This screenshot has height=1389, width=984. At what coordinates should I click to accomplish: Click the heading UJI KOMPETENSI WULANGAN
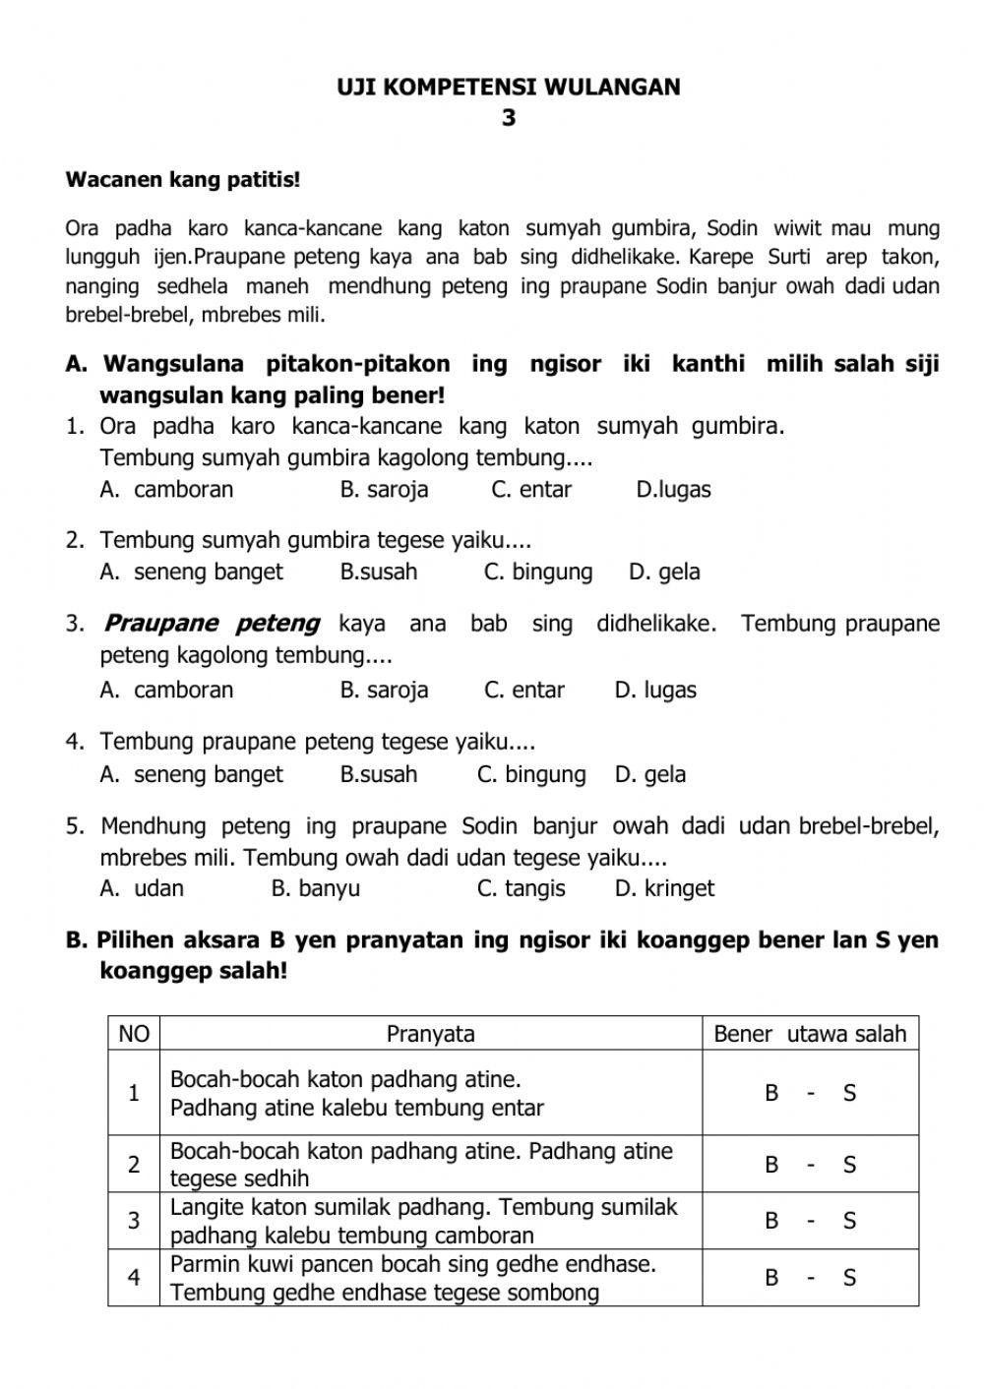[x=508, y=87]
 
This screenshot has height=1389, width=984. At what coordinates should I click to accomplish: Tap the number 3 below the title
[x=508, y=118]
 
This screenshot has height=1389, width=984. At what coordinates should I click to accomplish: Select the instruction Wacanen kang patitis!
[x=183, y=180]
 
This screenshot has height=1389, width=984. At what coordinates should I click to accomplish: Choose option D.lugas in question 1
[x=673, y=490]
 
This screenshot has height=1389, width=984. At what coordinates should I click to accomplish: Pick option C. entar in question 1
[x=531, y=490]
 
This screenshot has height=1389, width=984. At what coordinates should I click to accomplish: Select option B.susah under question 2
[x=379, y=573]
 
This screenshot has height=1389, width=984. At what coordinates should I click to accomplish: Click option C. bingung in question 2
[x=538, y=573]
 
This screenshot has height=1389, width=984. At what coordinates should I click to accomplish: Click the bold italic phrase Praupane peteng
[x=212, y=624]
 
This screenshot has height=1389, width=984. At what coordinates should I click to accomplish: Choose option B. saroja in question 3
[x=384, y=691]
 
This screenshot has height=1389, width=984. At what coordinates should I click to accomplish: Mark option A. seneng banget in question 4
[x=191, y=775]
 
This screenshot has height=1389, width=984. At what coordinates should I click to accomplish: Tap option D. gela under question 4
[x=650, y=775]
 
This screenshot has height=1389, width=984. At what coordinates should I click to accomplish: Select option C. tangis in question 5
[x=521, y=889]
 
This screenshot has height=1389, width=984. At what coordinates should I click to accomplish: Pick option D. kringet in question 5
[x=664, y=889]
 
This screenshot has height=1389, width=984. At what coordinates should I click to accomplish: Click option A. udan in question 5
[x=142, y=889]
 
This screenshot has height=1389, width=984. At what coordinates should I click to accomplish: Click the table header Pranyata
[x=430, y=1034]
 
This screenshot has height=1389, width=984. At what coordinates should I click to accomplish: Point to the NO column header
[x=134, y=1034]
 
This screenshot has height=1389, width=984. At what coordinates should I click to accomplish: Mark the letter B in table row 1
[x=772, y=1093]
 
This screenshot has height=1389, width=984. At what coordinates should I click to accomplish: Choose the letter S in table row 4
[x=849, y=1278]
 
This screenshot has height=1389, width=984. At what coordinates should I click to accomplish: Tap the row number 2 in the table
[x=134, y=1165]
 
